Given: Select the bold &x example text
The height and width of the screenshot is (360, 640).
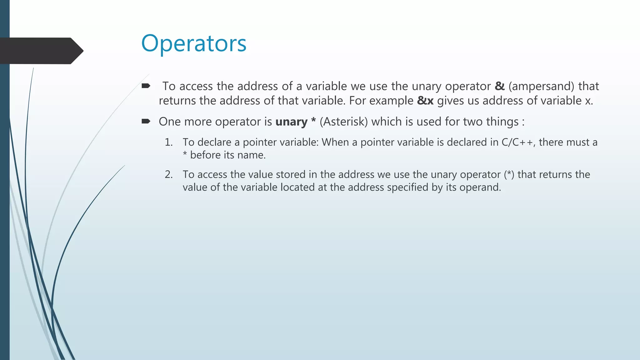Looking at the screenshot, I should point(425,101).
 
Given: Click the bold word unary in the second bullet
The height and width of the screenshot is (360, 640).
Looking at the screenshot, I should point(291,122).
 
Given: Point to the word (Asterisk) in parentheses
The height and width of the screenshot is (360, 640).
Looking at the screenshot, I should point(344,122).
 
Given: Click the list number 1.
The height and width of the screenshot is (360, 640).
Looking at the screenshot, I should point(168,142).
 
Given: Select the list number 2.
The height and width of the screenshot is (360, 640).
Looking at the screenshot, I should point(168,174).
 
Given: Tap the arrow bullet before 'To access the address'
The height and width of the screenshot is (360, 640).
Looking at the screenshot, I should point(146,86).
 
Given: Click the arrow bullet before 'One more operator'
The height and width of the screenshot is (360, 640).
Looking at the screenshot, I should point(146,121).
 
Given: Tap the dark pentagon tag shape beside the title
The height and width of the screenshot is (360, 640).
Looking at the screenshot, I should point(41,51).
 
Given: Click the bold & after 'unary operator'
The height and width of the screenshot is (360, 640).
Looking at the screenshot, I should point(500,86).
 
